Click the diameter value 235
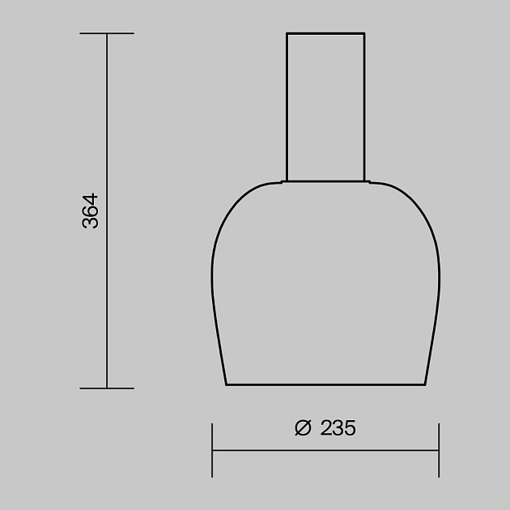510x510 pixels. tap(338, 428)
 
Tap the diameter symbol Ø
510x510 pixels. tap(303, 428)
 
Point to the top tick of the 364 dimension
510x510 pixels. tap(107, 34)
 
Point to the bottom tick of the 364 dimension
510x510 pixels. tap(107, 388)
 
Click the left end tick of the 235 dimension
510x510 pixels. tap(212, 449)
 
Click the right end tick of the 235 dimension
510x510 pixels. tap(439, 449)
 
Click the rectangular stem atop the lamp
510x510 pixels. tap(325, 105)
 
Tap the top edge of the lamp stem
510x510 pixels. tap(325, 33)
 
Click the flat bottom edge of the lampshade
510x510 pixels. tap(325, 385)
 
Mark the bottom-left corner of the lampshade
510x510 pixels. tap(226, 385)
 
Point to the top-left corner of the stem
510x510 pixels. tap(287, 33)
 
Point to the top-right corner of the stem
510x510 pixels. tap(364, 33)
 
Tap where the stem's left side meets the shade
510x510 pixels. tap(287, 180)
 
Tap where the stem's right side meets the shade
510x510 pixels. tap(364, 180)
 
